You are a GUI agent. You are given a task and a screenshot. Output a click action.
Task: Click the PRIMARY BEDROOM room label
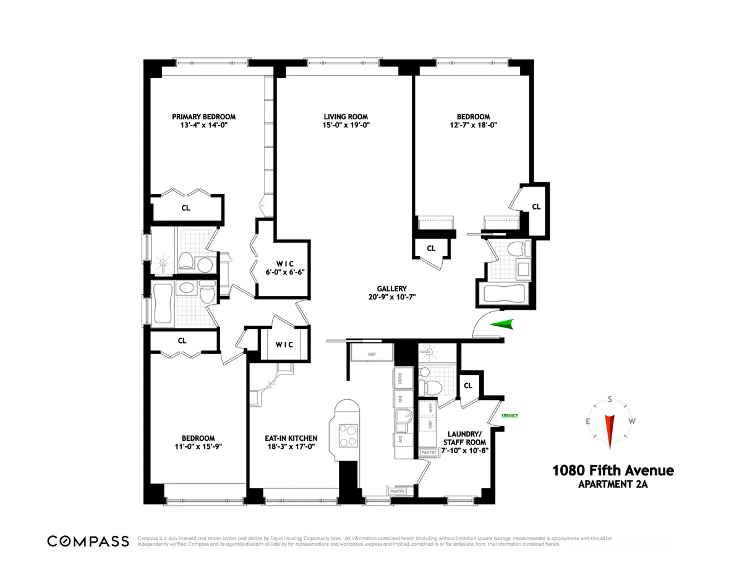(x=203, y=116)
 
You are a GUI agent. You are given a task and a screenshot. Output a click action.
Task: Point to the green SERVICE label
(x=509, y=416)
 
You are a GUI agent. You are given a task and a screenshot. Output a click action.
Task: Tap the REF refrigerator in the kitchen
(x=372, y=355)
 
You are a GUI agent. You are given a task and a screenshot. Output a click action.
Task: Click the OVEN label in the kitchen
(x=400, y=378)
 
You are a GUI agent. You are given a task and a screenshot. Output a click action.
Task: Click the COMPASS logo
(x=88, y=541)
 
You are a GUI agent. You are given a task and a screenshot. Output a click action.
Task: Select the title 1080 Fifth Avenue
(x=613, y=471)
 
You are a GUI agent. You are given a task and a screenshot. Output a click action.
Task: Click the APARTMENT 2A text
(x=613, y=485)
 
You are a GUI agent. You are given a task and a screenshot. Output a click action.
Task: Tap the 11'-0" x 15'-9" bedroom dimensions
(x=198, y=446)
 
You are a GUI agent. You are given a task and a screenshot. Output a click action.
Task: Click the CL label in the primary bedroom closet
(x=185, y=208)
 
